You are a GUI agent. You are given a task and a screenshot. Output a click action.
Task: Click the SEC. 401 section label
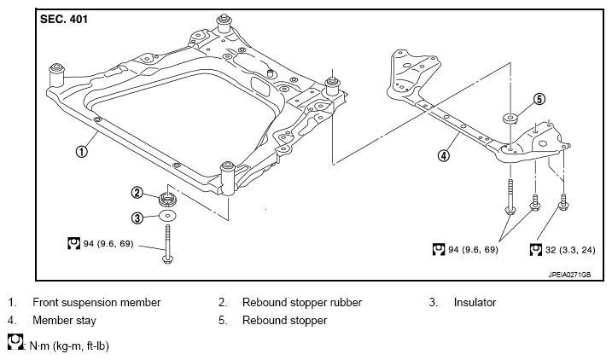[x=64, y=19]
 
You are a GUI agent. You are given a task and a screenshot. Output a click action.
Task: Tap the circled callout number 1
[x=81, y=151]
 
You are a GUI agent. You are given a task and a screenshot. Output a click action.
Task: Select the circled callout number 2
[x=137, y=192]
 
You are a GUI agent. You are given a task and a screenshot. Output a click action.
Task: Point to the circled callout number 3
[x=137, y=218]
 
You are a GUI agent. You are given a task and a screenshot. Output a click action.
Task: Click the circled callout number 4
[x=443, y=155]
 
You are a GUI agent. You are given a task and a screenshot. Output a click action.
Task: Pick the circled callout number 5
[x=539, y=99]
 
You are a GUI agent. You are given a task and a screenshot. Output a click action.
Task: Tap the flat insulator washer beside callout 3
[x=168, y=216]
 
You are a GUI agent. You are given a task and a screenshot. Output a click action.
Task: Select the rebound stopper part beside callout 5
[x=510, y=118]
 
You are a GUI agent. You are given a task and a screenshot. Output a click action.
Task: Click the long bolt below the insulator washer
[x=168, y=244]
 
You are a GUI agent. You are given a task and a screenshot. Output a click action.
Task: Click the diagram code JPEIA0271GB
[x=569, y=275]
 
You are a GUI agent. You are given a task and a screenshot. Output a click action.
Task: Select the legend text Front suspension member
[x=96, y=302]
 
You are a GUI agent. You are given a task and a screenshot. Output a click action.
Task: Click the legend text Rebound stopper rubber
[x=302, y=302]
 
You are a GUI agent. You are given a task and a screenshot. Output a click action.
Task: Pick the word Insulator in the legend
[x=475, y=302]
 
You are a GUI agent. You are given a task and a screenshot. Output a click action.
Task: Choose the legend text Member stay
[x=64, y=321]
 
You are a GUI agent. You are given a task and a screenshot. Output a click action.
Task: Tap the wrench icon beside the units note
[x=15, y=341]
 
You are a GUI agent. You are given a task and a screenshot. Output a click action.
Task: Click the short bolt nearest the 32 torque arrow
[x=562, y=202]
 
